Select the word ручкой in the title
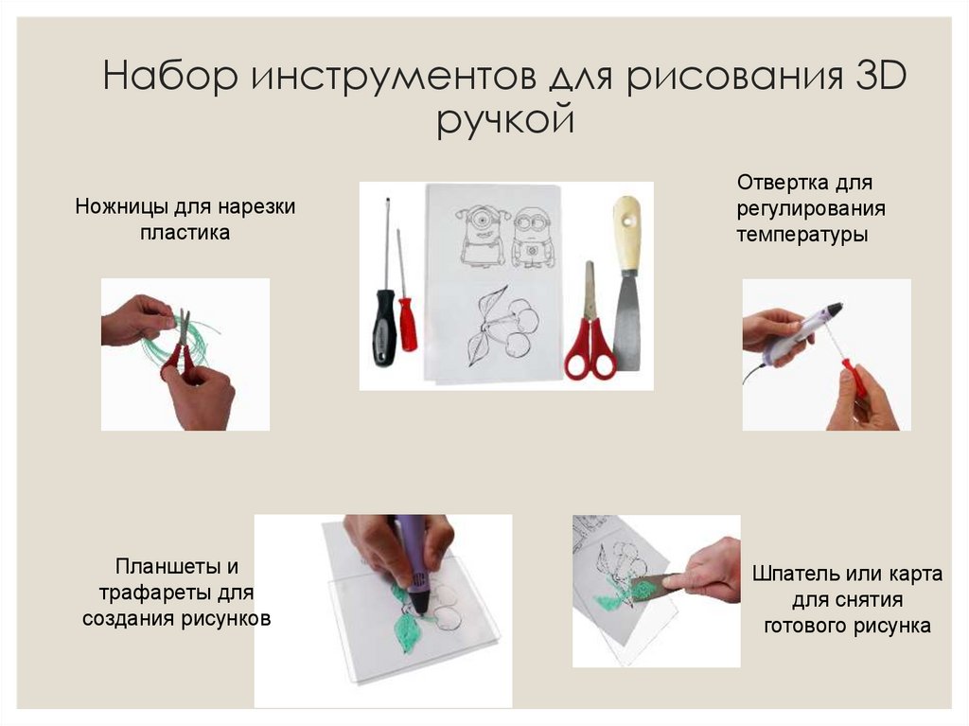coord(505,120)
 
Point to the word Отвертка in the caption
coord(780,182)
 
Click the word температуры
coord(802,235)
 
